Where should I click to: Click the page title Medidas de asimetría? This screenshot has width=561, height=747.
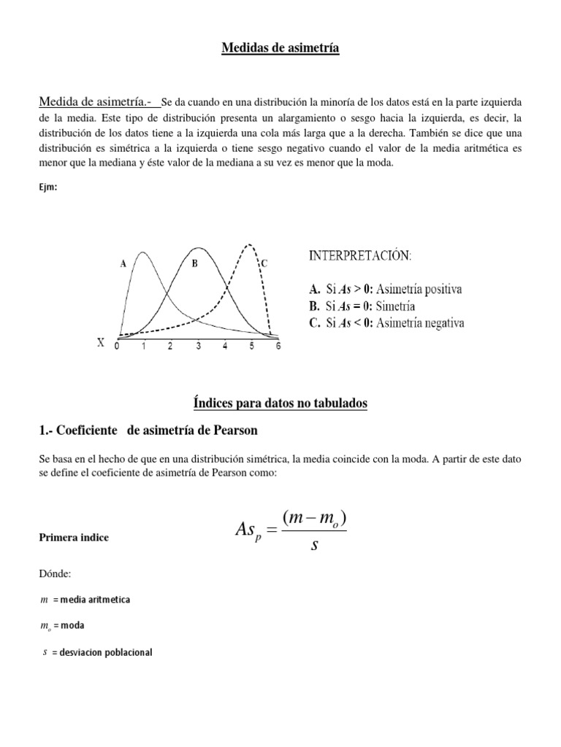[x=280, y=49]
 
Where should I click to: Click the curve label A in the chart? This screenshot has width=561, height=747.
[x=123, y=265]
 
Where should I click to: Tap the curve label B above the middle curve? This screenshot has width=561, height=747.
[x=195, y=265]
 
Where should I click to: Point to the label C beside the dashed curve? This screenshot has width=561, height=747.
[x=264, y=265]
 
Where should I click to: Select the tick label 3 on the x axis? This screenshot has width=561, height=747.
[x=198, y=347]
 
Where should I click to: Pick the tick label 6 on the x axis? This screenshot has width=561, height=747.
[x=277, y=347]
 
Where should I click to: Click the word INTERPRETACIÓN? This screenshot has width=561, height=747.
[x=360, y=257]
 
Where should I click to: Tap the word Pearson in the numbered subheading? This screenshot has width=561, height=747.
[x=232, y=430]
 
